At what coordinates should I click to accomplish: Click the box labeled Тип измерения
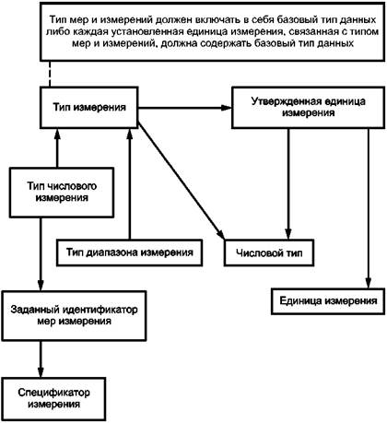pyautogui.click(x=89, y=107)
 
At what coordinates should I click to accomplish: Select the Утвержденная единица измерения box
pyautogui.click(x=308, y=107)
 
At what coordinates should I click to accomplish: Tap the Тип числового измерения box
pyautogui.click(x=62, y=193)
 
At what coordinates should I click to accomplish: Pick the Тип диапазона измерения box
pyautogui.click(x=129, y=253)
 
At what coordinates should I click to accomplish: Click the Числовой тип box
pyautogui.click(x=269, y=253)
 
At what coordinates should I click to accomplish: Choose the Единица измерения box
pyautogui.click(x=328, y=301)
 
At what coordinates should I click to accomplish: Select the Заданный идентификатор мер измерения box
pyautogui.click(x=74, y=315)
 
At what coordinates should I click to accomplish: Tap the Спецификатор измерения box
pyautogui.click(x=53, y=399)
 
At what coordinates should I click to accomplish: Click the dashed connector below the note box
pyautogui.click(x=50, y=74)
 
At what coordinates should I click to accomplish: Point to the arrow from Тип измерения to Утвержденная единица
pyautogui.click(x=185, y=108)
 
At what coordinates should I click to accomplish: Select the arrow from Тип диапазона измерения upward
pyautogui.click(x=130, y=183)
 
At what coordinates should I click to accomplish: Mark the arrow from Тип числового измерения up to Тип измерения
pyautogui.click(x=57, y=147)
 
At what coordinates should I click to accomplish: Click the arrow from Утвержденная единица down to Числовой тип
pyautogui.click(x=288, y=183)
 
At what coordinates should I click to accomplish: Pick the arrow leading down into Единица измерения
pyautogui.click(x=369, y=208)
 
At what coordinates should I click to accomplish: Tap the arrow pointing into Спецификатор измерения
pyautogui.click(x=41, y=359)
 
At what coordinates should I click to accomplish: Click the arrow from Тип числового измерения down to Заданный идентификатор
pyautogui.click(x=41, y=254)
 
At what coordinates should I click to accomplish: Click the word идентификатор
pyautogui.click(x=100, y=310)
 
